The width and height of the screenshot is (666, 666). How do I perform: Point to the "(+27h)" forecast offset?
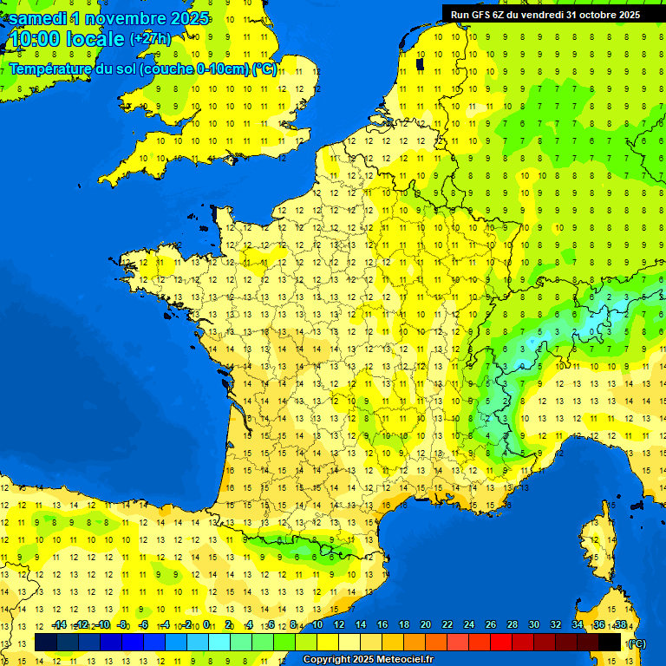click(x=150, y=39)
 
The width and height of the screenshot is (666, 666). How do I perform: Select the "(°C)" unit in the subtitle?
click(x=264, y=69)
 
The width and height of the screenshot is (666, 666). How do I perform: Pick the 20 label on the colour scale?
click(x=425, y=625)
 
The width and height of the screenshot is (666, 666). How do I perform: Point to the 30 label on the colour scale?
click(x=533, y=625)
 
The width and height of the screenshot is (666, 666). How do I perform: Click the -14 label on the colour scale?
click(x=59, y=625)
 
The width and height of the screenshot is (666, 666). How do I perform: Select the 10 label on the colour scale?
click(x=317, y=625)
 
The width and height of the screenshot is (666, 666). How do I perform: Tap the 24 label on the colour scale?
click(x=468, y=625)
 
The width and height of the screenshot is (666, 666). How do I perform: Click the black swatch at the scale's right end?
click(x=610, y=643)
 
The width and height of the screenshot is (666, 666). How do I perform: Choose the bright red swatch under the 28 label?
click(x=501, y=643)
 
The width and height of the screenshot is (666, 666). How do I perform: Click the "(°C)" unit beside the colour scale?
click(x=636, y=643)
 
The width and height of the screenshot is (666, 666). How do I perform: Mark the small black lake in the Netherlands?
click(x=421, y=62)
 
